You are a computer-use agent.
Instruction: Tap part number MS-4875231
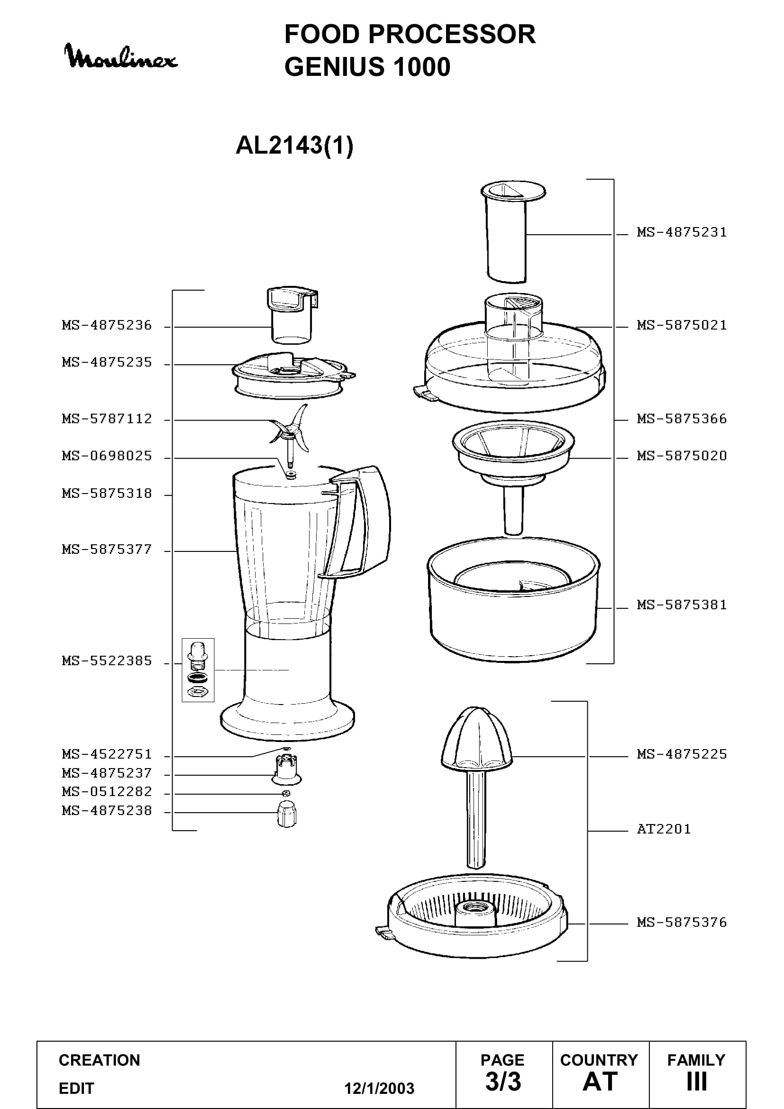click(682, 232)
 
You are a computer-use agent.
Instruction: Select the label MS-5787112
click(107, 418)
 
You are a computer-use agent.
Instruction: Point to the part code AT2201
click(664, 829)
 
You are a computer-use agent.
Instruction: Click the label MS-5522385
click(107, 661)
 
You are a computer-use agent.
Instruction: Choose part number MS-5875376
click(682, 923)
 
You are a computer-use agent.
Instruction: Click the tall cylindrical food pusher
click(513, 232)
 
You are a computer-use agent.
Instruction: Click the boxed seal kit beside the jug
click(198, 670)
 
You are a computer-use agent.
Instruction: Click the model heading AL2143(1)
click(294, 145)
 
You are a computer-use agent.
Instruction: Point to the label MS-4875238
click(107, 810)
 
